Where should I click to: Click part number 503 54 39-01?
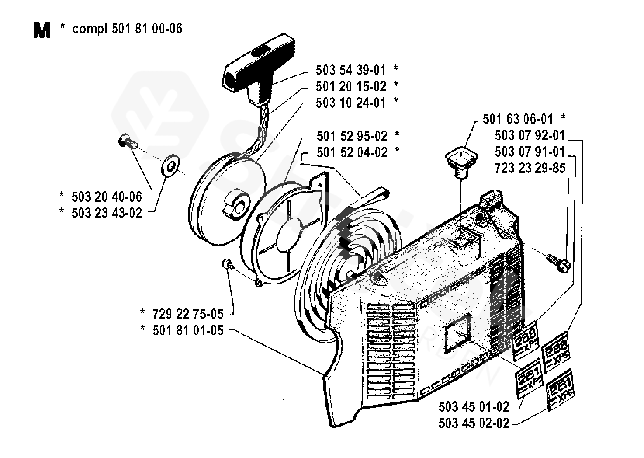[x=351, y=70]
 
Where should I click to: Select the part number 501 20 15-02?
[x=351, y=86]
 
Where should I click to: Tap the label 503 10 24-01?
[x=351, y=103]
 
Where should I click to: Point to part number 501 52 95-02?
[x=352, y=136]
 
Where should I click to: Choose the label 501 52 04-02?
[x=352, y=153]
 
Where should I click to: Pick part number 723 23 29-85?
[x=530, y=168]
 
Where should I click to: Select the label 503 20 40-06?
[x=107, y=197]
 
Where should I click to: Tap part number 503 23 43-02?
[x=107, y=213]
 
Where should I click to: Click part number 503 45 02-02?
[x=474, y=423]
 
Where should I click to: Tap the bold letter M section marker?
[x=42, y=30]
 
